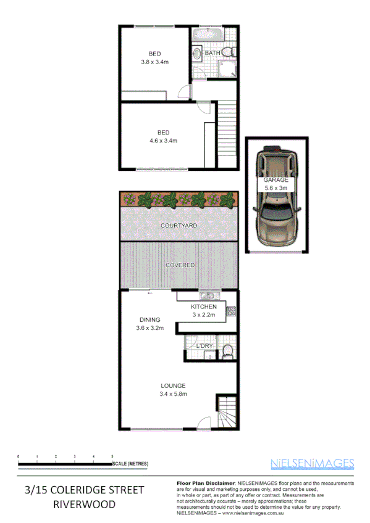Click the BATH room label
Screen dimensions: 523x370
tap(212, 54)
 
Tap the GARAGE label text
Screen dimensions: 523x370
tap(276, 179)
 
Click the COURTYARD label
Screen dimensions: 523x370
tap(179, 226)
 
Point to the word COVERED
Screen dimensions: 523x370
tap(179, 265)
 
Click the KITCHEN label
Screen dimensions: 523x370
tap(203, 307)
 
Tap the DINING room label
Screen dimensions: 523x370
tap(149, 319)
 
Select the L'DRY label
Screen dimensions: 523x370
tap(204, 347)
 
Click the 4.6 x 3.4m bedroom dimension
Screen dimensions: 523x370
tap(163, 141)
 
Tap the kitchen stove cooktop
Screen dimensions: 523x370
tap(232, 312)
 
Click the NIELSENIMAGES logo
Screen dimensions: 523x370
tap(313, 463)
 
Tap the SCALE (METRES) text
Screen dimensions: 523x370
tap(130, 463)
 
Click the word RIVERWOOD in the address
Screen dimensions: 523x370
tap(83, 504)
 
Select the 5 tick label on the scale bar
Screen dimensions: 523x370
tap(112, 456)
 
